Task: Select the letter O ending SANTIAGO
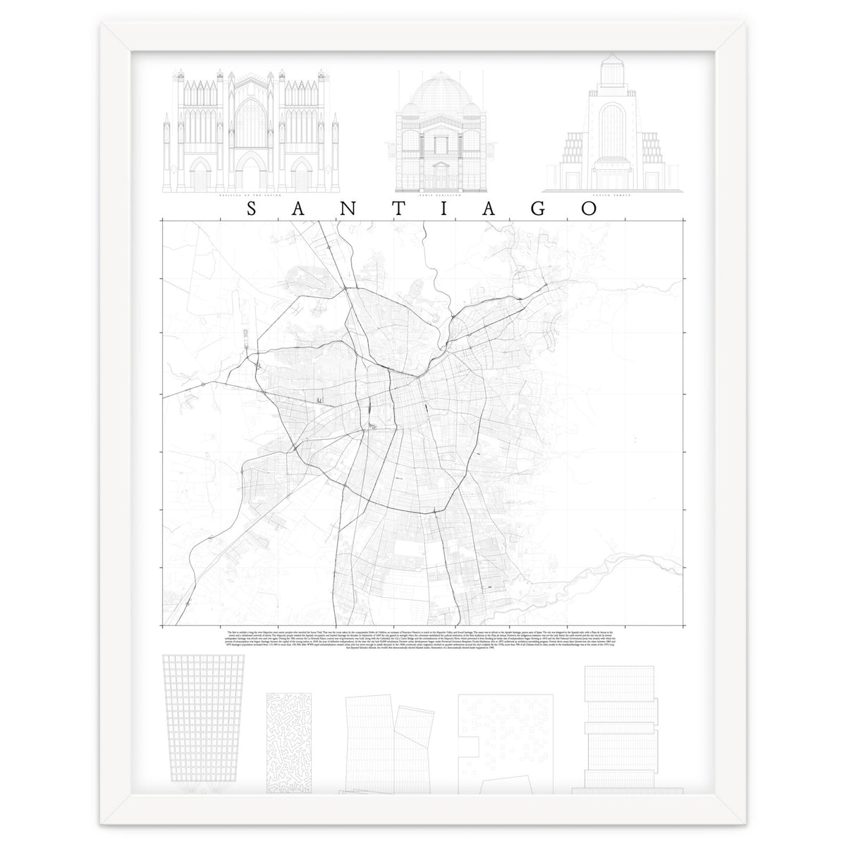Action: (589, 209)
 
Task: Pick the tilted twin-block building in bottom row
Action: (386, 733)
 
